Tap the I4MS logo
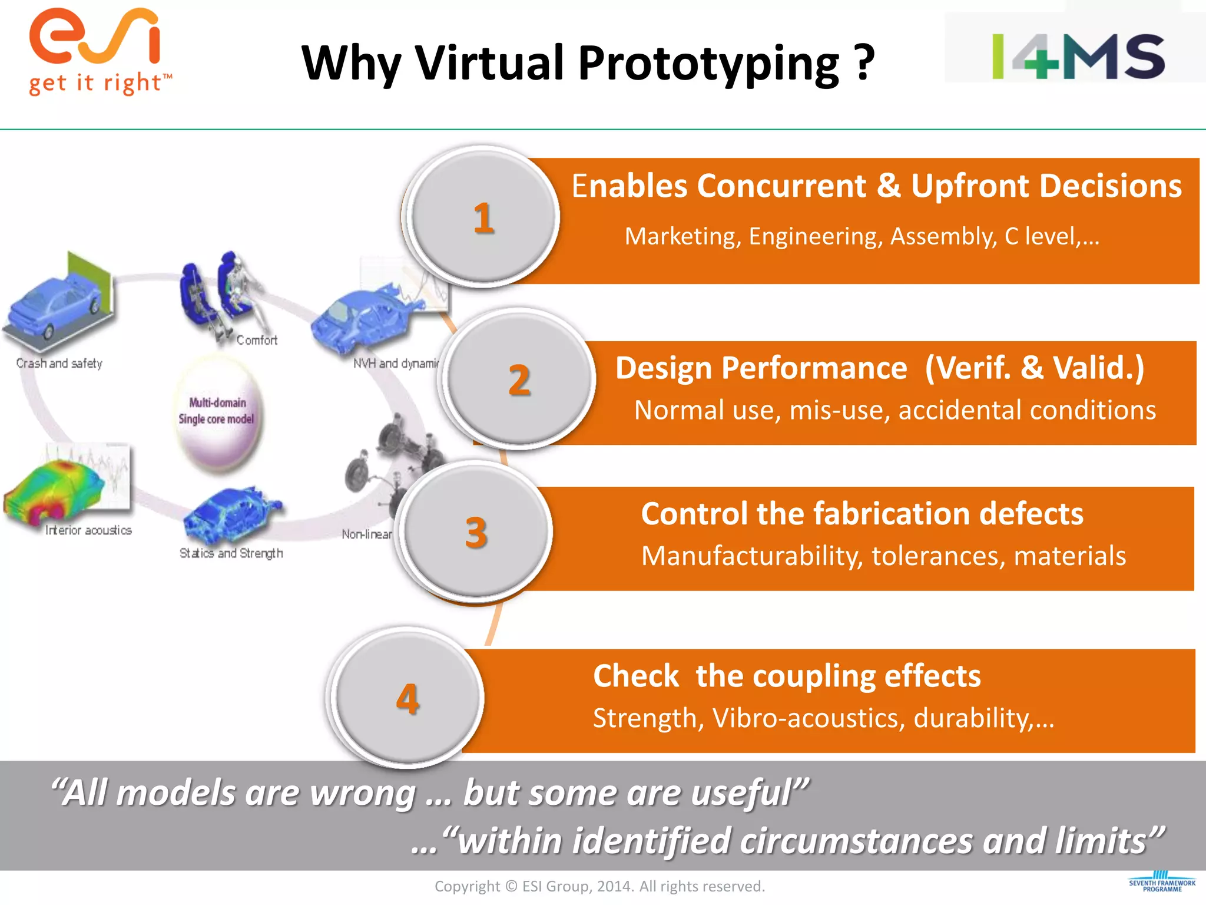[1078, 57]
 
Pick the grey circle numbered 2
[519, 379]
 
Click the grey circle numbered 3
[476, 532]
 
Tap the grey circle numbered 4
[407, 699]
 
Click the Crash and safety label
[59, 364]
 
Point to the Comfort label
[257, 340]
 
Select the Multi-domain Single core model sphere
[217, 412]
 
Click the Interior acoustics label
[88, 530]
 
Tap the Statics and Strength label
[231, 553]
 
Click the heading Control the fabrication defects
[862, 514]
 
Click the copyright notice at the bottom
[599, 886]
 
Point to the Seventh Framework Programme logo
[1162, 882]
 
